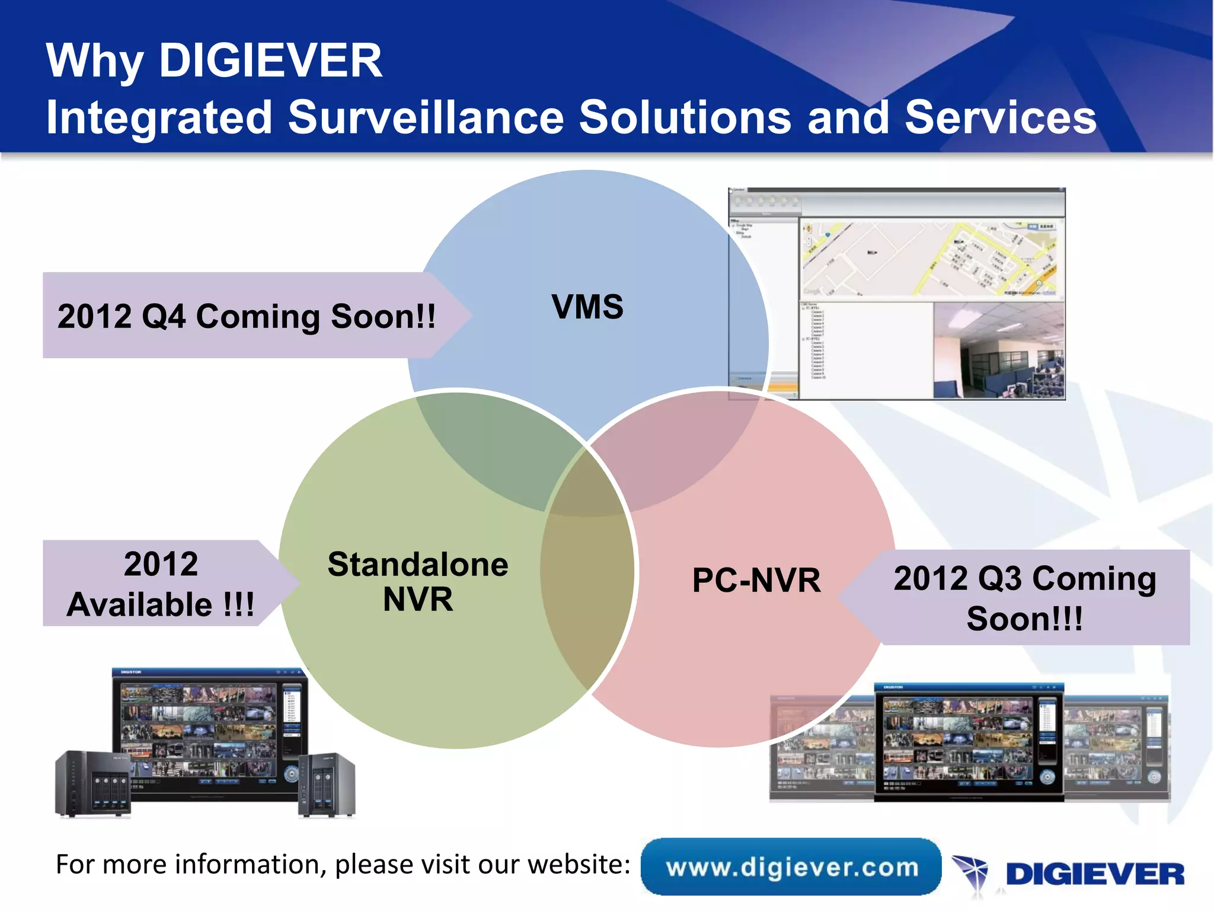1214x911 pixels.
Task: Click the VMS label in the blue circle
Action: point(587,307)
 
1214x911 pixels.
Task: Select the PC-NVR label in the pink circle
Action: point(756,580)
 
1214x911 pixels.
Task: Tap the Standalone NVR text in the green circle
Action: point(418,581)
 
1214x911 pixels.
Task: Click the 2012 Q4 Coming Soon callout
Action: point(246,316)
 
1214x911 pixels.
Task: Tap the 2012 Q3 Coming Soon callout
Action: point(1024,598)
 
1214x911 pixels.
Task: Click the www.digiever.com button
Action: point(791,867)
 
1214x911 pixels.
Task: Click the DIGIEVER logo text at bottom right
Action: point(1095,874)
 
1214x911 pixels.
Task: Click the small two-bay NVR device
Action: point(327,784)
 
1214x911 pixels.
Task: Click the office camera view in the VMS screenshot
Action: point(998,350)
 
